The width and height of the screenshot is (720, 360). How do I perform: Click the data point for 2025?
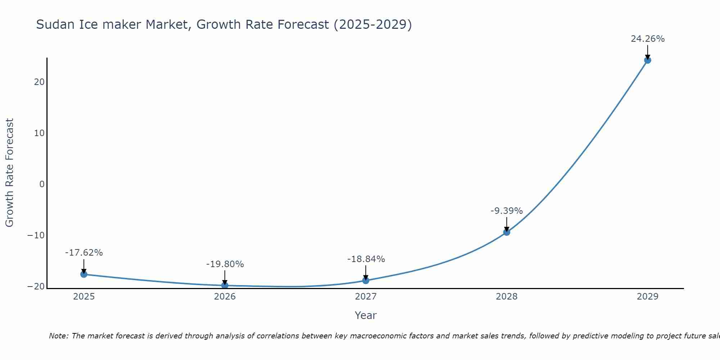(x=84, y=274)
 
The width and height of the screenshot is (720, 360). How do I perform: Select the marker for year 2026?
(x=225, y=285)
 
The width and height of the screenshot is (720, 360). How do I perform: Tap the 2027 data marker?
(x=366, y=280)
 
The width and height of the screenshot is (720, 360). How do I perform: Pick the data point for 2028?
(x=507, y=232)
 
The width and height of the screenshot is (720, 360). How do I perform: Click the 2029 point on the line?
(x=648, y=60)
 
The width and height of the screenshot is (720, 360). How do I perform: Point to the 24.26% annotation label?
(x=648, y=39)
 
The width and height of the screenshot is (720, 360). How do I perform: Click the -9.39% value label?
(x=507, y=211)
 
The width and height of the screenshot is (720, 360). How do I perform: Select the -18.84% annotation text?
(x=366, y=259)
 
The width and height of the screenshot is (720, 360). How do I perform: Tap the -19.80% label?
(x=225, y=264)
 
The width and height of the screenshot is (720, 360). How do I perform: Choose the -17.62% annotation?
(x=84, y=253)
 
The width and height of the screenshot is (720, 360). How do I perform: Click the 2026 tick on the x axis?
(x=225, y=297)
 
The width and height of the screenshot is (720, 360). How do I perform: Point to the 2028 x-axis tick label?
(x=507, y=297)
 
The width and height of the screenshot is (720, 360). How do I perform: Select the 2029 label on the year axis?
(x=648, y=297)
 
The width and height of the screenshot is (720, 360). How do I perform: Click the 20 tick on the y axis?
(x=39, y=82)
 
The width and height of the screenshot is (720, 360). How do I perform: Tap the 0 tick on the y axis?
(x=42, y=184)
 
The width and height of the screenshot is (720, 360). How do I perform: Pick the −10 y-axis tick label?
(x=36, y=235)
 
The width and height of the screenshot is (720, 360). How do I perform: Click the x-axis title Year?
(x=365, y=315)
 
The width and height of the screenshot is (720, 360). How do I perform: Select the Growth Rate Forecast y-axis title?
(x=10, y=173)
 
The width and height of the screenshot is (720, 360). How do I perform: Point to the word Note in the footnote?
(x=58, y=336)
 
